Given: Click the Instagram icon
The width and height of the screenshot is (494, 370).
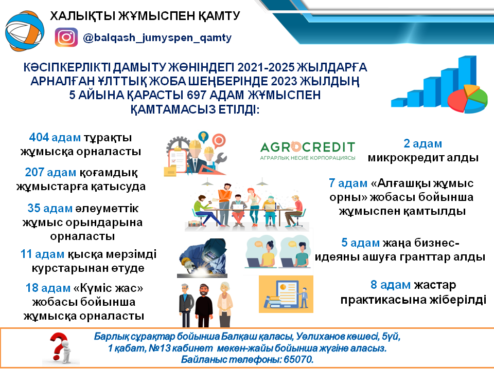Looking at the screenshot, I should point(66,38).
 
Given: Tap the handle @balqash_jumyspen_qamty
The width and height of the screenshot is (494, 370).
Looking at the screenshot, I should point(157,38).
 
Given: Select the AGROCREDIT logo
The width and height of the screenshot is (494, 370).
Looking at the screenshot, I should point(308,150).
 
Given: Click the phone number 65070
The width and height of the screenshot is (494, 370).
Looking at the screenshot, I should point(296,360).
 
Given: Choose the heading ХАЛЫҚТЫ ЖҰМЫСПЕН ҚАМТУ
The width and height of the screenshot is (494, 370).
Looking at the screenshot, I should point(145,15).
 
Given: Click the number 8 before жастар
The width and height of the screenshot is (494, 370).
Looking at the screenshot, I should point(374,285).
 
